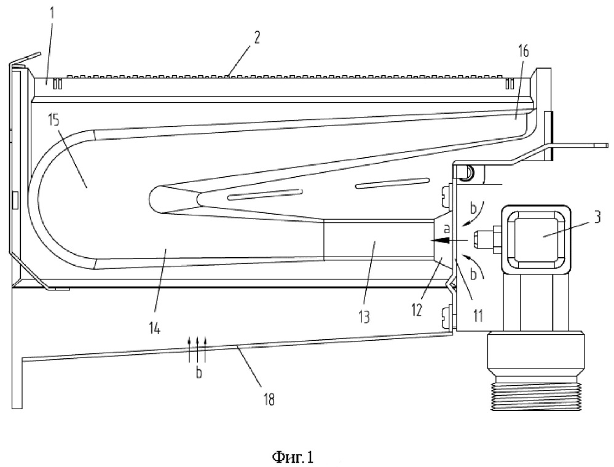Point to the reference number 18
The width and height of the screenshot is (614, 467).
269,398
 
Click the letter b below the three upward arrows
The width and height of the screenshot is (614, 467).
198,372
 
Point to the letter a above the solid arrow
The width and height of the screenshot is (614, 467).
447,228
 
